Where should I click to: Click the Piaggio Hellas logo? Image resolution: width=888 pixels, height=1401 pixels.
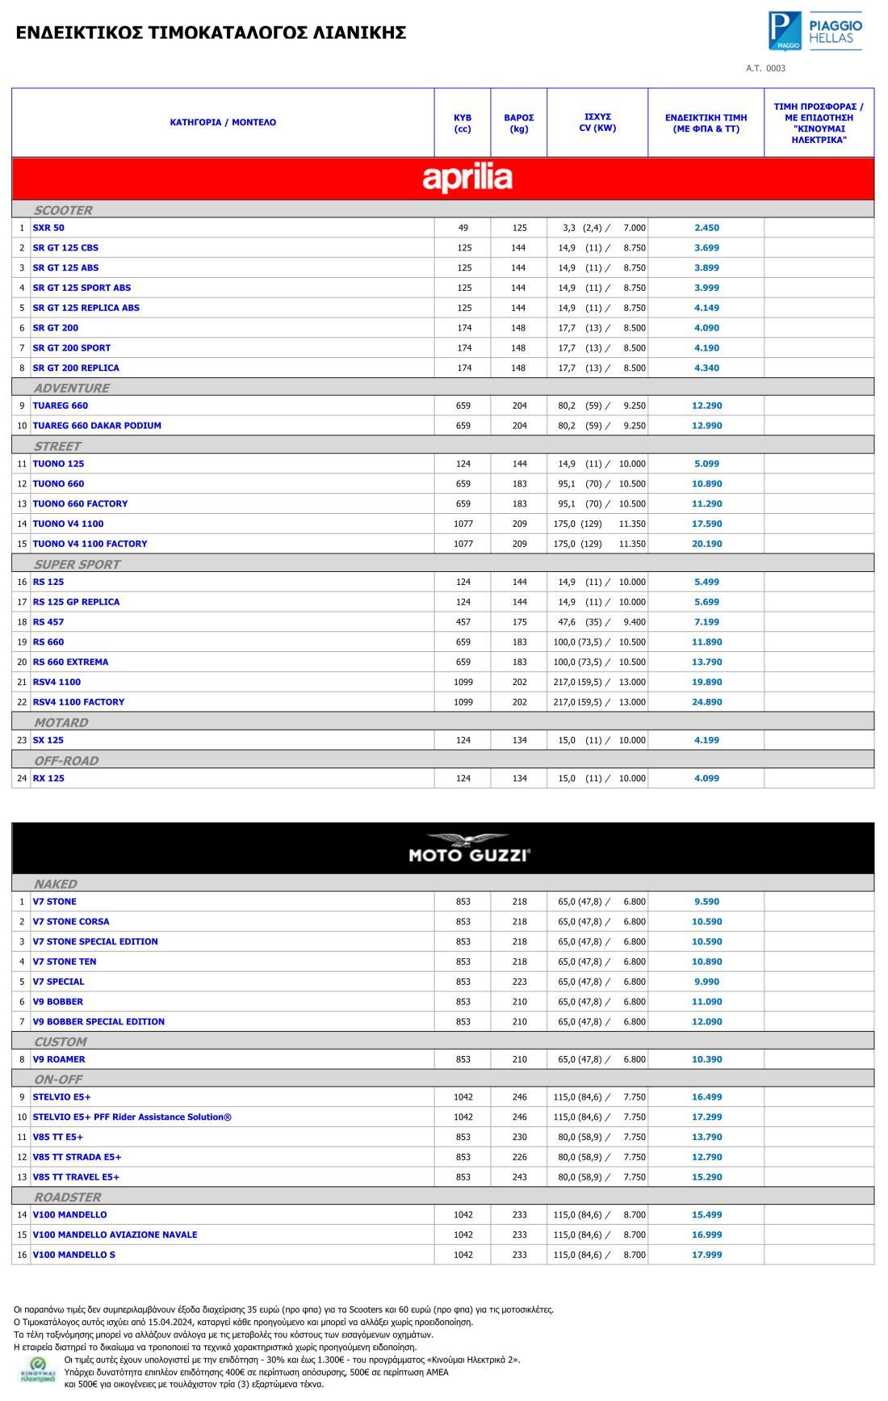(815, 32)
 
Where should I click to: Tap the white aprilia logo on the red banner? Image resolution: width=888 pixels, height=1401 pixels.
(467, 179)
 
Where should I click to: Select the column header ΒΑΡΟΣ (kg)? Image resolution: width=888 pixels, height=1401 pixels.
(518, 123)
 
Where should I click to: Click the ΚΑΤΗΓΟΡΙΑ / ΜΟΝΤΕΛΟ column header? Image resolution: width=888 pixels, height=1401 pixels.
(223, 123)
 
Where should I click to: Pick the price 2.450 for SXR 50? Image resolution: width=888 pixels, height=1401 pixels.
(706, 228)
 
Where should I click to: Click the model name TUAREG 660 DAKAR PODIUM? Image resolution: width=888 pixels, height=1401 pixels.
(97, 426)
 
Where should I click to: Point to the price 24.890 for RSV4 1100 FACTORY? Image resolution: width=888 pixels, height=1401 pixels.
(706, 702)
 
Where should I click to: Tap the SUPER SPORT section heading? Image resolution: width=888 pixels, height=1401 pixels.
(77, 564)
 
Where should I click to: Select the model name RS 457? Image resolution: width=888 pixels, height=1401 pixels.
(48, 622)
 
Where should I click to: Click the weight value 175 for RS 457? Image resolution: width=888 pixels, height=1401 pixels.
(518, 622)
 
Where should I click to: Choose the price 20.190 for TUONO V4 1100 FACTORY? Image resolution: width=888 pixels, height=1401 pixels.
(706, 544)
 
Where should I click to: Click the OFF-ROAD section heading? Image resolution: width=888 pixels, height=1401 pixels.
(66, 760)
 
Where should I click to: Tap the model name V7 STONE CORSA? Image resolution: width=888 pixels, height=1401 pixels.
(71, 922)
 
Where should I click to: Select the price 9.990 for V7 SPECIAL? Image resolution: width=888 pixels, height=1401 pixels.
(706, 982)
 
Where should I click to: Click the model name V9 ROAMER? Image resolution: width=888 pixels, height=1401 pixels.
(59, 1059)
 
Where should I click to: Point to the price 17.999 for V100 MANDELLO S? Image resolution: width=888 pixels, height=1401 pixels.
(706, 1255)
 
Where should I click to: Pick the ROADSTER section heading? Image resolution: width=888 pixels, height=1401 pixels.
(68, 1197)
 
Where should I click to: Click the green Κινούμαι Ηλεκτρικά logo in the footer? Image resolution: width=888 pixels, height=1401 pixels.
(37, 1369)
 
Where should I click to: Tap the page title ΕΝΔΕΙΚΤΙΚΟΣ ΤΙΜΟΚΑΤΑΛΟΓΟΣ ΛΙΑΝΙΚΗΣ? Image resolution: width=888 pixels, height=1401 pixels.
(211, 32)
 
